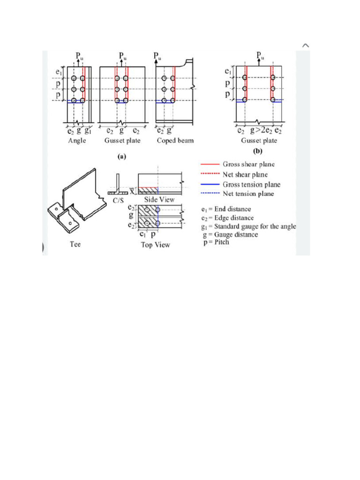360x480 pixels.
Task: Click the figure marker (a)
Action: click(122, 157)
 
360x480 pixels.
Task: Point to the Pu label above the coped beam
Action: click(158, 57)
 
